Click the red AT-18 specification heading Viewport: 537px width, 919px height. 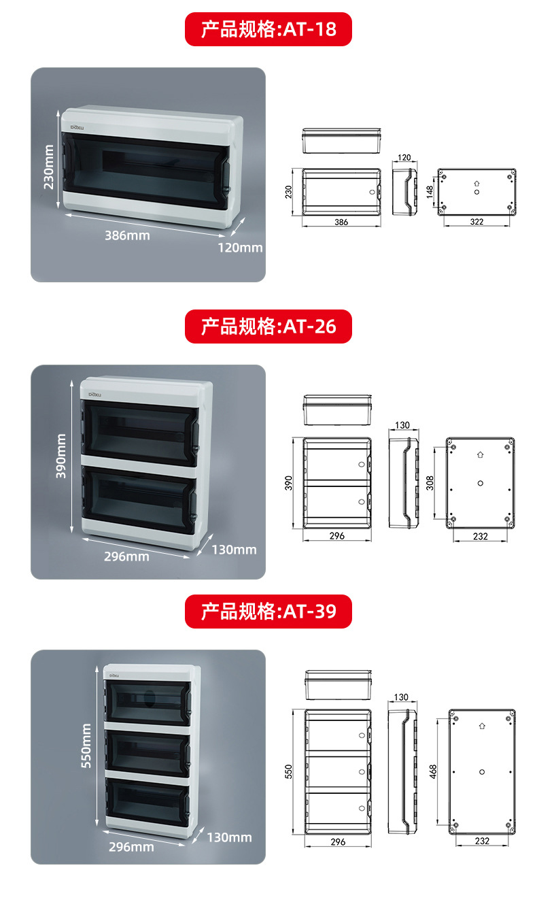pyautogui.click(x=268, y=29)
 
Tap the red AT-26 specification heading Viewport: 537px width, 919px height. pyautogui.click(x=268, y=327)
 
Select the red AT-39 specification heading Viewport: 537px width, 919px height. pyautogui.click(x=268, y=610)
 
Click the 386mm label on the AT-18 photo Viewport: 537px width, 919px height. pyautogui.click(x=127, y=235)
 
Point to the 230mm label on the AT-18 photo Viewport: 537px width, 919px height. pyautogui.click(x=48, y=167)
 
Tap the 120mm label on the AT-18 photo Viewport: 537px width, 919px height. pyautogui.click(x=240, y=248)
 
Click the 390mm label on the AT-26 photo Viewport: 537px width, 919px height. pyautogui.click(x=61, y=456)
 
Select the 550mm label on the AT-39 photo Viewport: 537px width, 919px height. pyautogui.click(x=86, y=746)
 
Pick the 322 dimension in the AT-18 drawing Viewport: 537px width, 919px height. pyautogui.click(x=477, y=222)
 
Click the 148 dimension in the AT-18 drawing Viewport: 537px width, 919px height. pyautogui.click(x=430, y=193)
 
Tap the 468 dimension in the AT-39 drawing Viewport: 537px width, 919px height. pyautogui.click(x=434, y=771)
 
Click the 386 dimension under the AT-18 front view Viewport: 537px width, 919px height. pyautogui.click(x=341, y=222)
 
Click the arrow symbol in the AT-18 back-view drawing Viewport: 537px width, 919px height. pyautogui.click(x=477, y=182)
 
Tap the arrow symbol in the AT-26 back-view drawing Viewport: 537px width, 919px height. pyautogui.click(x=480, y=454)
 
